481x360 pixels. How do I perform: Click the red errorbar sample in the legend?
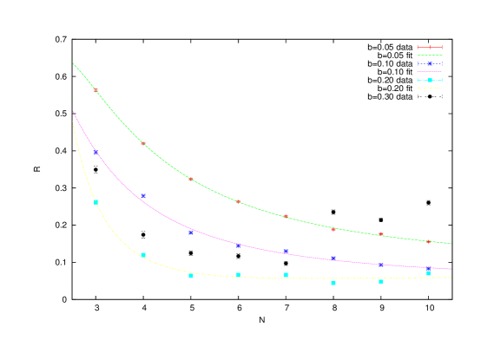(430, 47)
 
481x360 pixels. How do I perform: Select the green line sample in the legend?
(430, 56)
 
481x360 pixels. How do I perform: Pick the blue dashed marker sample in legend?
(430, 63)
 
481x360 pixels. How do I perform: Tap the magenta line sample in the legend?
(430, 72)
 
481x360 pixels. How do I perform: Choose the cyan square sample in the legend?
(430, 80)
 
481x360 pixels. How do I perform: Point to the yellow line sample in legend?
(430, 88)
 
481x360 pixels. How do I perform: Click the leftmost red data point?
(96, 89)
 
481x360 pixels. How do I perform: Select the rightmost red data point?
(428, 241)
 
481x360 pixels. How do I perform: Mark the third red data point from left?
(191, 179)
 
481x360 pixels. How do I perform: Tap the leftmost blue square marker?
(96, 153)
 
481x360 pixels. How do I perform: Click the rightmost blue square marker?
(428, 269)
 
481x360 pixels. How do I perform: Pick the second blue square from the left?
(143, 196)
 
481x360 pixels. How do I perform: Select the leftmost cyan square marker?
(96, 202)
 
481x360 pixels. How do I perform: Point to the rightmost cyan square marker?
(428, 272)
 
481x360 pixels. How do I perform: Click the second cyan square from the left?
(143, 255)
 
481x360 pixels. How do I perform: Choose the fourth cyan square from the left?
(238, 275)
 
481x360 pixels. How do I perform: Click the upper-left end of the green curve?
(73, 62)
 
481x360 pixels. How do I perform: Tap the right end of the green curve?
(451, 244)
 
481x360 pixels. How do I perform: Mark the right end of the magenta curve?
(451, 269)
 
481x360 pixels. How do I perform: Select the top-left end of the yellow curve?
(73, 122)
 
